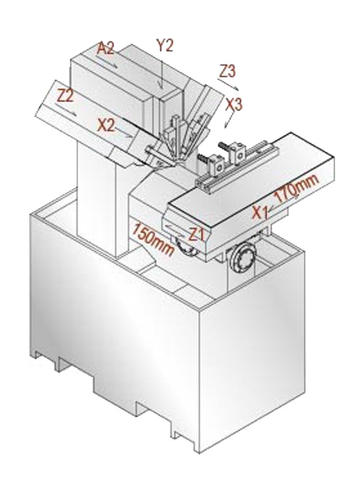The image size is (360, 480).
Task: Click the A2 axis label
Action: (x=106, y=48)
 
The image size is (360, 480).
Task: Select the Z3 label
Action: (x=228, y=72)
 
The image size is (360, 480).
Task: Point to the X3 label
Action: (x=234, y=105)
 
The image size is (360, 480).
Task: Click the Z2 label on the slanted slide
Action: (x=65, y=97)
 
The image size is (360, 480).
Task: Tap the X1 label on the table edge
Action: (x=261, y=212)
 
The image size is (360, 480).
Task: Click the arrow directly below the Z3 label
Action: (x=228, y=84)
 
